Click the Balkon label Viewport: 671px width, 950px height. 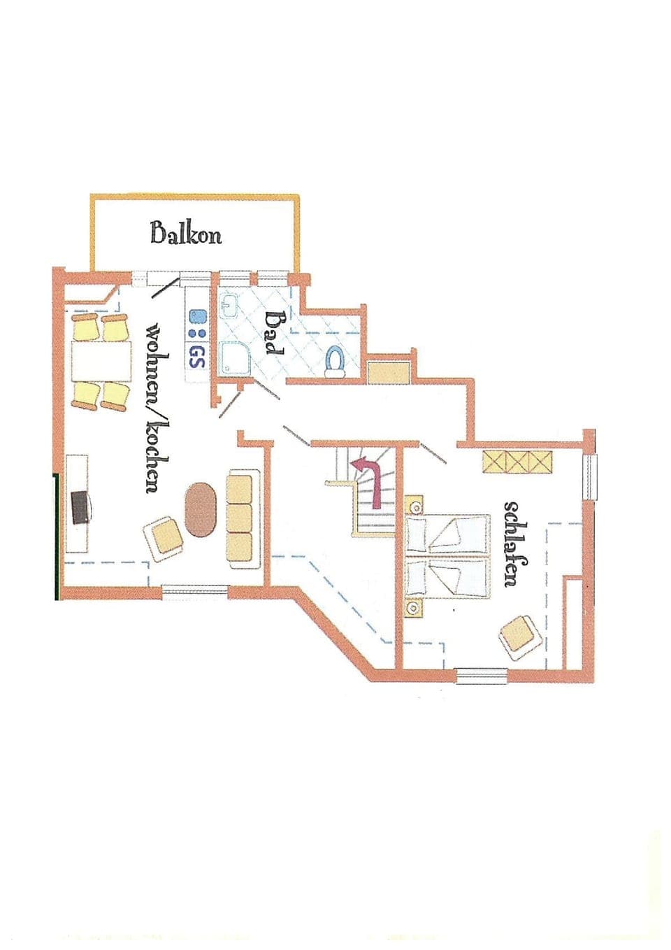click(186, 232)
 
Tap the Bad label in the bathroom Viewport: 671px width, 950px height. click(274, 333)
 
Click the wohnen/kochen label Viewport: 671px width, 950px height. click(154, 407)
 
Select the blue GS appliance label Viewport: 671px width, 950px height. click(197, 357)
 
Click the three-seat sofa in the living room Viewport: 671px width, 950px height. click(240, 518)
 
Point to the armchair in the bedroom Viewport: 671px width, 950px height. click(521, 636)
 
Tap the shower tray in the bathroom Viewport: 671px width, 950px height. click(231, 357)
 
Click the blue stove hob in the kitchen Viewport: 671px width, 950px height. click(197, 326)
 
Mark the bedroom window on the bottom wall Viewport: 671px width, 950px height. click(481, 675)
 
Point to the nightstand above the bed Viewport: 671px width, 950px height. click(414, 504)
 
